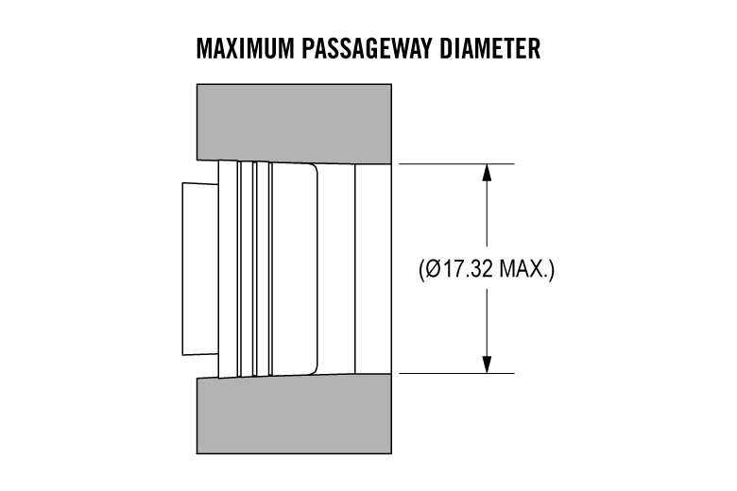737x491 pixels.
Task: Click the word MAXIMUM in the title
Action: click(245, 48)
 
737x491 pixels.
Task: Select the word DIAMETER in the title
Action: click(489, 48)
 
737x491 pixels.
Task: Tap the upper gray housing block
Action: click(294, 122)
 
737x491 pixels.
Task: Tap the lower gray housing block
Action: click(294, 415)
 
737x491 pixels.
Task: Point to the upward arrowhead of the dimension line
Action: click(487, 172)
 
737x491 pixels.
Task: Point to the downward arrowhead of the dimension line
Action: click(487, 365)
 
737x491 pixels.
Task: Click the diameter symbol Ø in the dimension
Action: click(434, 269)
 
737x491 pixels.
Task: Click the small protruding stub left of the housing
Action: click(200, 269)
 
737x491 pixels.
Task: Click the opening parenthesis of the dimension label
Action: click(421, 270)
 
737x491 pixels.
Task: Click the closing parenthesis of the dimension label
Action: click(552, 270)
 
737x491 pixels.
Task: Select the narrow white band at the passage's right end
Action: click(373, 269)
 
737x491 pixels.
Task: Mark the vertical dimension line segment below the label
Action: click(487, 323)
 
